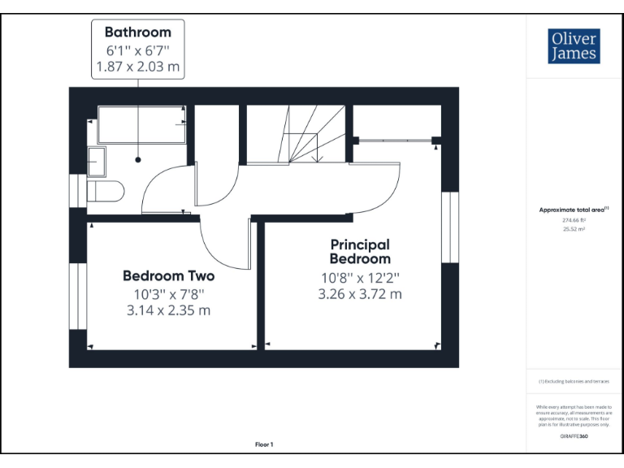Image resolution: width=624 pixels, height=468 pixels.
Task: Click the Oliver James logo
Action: [x=574, y=46]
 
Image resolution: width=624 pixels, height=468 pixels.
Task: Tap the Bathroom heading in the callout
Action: [x=137, y=32]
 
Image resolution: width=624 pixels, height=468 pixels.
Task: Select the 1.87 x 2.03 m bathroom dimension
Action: [x=137, y=67]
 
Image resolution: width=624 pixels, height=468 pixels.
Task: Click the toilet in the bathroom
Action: [x=106, y=192]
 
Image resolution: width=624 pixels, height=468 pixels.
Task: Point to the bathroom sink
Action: [x=96, y=162]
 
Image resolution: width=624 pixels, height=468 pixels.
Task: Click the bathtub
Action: [x=141, y=125]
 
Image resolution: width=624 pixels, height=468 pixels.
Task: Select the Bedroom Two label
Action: [x=168, y=275]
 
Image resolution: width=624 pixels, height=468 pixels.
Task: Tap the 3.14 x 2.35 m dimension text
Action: [x=168, y=310]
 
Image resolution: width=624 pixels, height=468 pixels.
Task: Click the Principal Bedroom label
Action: [x=359, y=251]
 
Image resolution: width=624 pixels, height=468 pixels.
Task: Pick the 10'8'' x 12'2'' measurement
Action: [x=359, y=278]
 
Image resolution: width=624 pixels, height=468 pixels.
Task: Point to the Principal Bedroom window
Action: [x=448, y=227]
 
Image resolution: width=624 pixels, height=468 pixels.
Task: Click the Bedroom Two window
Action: [x=79, y=296]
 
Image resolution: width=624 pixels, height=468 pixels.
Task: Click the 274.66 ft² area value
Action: [x=574, y=219]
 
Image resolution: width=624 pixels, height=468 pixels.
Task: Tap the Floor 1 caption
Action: [x=264, y=444]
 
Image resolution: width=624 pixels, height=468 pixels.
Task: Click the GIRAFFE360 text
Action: [x=574, y=436]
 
